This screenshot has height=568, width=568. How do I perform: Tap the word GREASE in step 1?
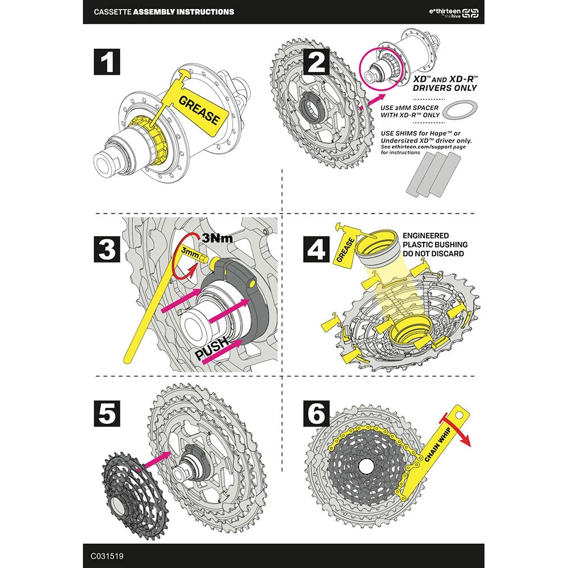click(199, 110)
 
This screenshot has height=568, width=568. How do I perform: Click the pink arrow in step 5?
click(157, 459)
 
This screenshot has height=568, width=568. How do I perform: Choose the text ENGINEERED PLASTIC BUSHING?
click(435, 240)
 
